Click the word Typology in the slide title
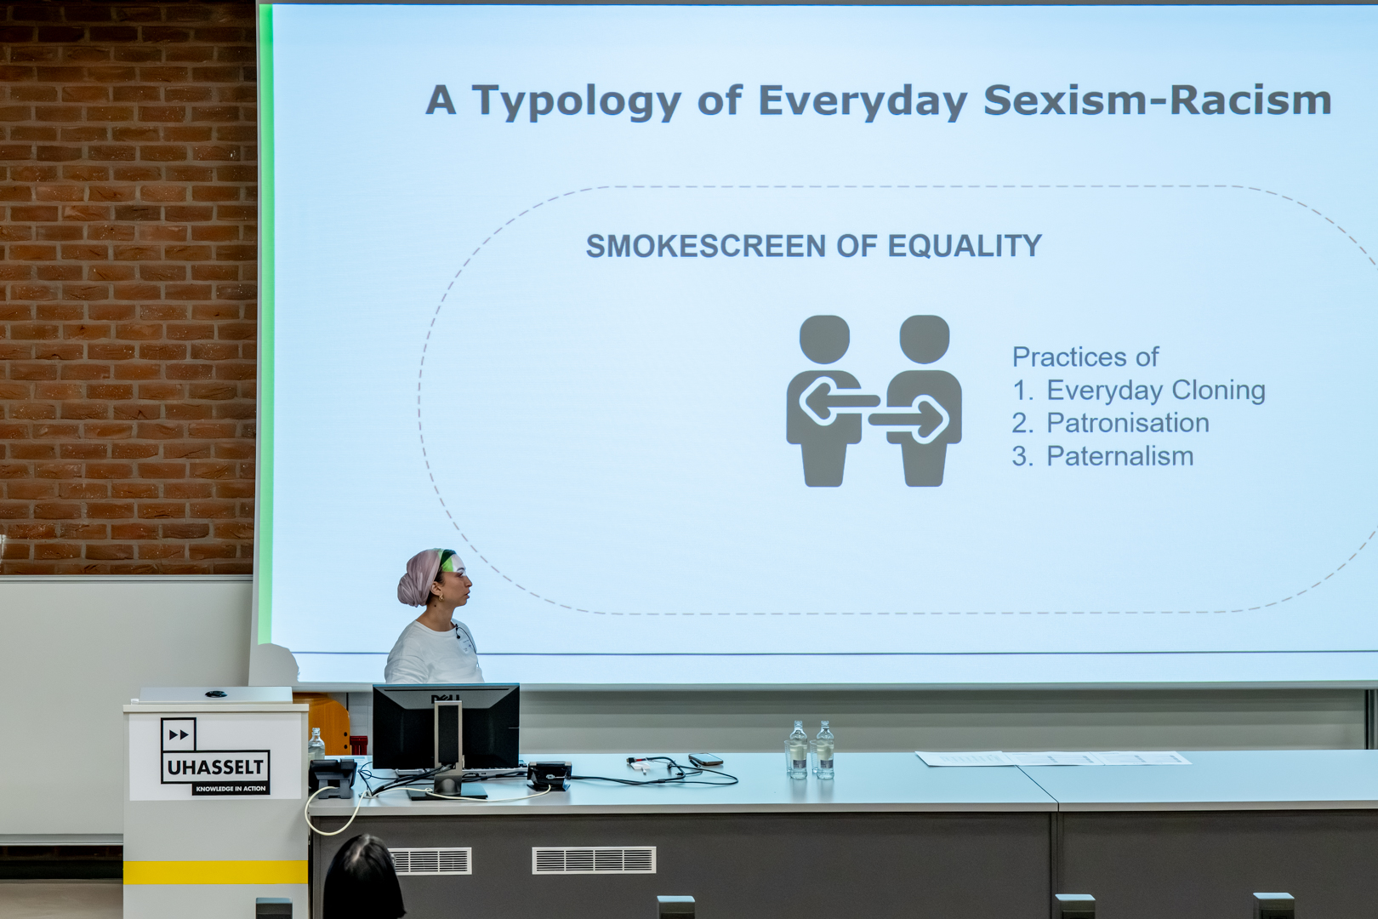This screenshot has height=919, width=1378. point(577,101)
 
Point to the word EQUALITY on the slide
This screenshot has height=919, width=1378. point(965,246)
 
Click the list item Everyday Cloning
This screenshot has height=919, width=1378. point(1156,391)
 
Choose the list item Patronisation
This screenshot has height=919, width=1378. point(1128,423)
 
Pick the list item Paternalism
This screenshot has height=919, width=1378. point(1119,456)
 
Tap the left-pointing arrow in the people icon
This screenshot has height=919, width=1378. point(839,402)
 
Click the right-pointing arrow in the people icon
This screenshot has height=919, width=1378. point(908,420)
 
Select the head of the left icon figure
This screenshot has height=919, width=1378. point(824,340)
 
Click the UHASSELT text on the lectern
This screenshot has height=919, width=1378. point(215,768)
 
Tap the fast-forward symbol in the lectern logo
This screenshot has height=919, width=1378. point(179,734)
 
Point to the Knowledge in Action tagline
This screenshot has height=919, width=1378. point(231,789)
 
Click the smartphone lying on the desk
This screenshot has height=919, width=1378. point(706,760)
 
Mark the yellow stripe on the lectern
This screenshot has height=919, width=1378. point(215,872)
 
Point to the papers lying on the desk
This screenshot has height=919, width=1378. point(1052,758)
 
